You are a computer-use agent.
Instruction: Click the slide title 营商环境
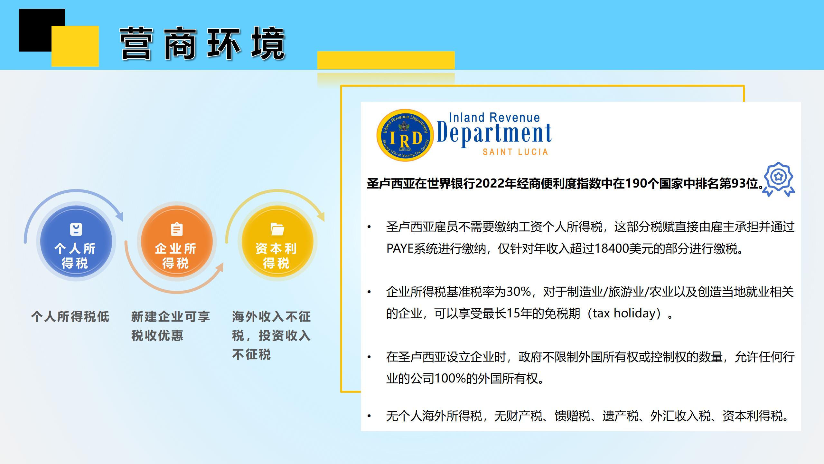[x=203, y=43]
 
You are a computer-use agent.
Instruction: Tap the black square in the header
[x=42, y=30]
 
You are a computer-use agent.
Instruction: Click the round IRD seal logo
[x=405, y=135]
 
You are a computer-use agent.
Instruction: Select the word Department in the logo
[x=494, y=133]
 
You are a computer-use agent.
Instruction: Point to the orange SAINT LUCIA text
[x=515, y=152]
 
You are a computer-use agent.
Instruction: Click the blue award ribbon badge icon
[x=779, y=179]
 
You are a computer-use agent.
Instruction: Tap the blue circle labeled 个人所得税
[x=76, y=242]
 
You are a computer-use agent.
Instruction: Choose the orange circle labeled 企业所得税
[x=177, y=242]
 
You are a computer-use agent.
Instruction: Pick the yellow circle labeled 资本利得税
[x=277, y=242]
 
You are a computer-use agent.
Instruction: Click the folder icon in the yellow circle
[x=277, y=229]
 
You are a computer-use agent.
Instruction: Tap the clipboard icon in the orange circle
[x=177, y=229]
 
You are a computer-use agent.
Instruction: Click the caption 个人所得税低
[x=70, y=317]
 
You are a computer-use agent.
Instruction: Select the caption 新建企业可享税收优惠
[x=171, y=326]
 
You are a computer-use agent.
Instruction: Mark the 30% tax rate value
[x=519, y=292]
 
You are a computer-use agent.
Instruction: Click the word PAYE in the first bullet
[x=400, y=249]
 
